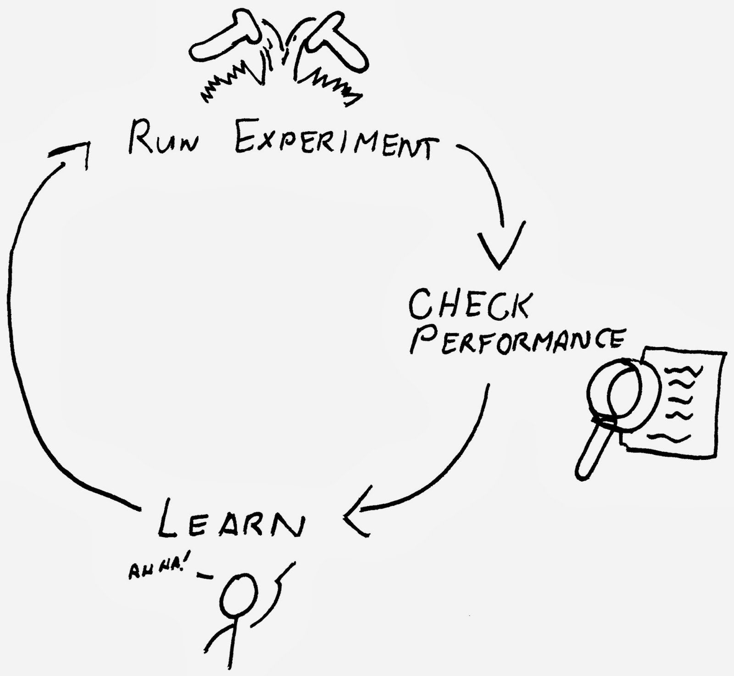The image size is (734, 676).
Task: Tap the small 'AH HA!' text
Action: point(156,572)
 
